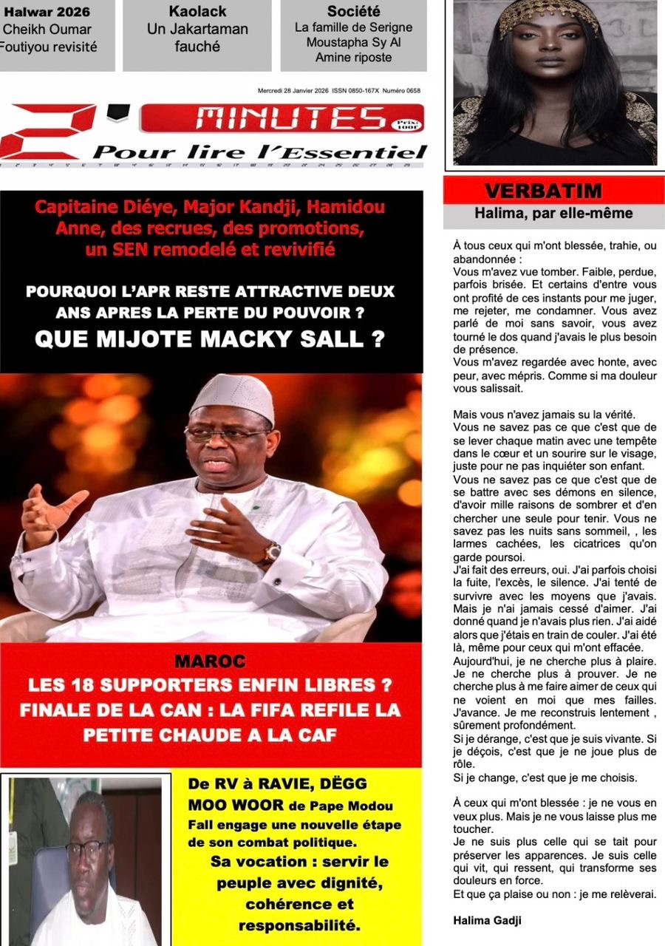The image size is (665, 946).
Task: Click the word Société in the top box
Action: pos(353,12)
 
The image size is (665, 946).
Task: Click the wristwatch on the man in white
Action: pos(272,552)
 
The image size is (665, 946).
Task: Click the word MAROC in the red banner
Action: pos(211,661)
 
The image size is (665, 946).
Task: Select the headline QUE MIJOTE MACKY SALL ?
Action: pos(211,339)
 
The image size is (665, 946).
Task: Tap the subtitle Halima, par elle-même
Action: pos(553,214)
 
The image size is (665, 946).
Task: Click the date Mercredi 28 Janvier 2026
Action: pos(293,91)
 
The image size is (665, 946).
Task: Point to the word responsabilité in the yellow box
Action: pos(299,925)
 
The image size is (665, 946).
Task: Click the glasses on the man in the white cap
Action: pos(225,435)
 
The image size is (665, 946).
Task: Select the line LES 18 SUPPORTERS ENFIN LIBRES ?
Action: pos(211,685)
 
